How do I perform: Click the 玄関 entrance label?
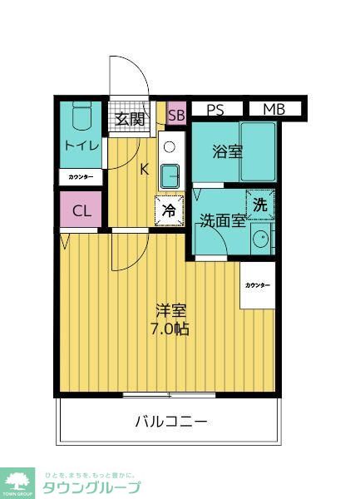click(131, 119)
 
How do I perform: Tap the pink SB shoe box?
click(176, 115)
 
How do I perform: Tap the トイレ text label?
click(81, 146)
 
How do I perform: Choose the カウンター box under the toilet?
click(81, 177)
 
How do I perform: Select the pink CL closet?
click(81, 210)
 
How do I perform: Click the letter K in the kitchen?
click(144, 170)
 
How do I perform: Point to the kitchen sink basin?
click(170, 175)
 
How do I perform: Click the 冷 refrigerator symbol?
click(169, 211)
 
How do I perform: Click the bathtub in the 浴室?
click(259, 151)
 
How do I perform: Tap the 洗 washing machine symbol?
click(260, 204)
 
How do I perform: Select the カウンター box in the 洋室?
click(257, 285)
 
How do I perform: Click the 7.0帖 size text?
click(170, 329)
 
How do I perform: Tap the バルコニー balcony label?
click(171, 421)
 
